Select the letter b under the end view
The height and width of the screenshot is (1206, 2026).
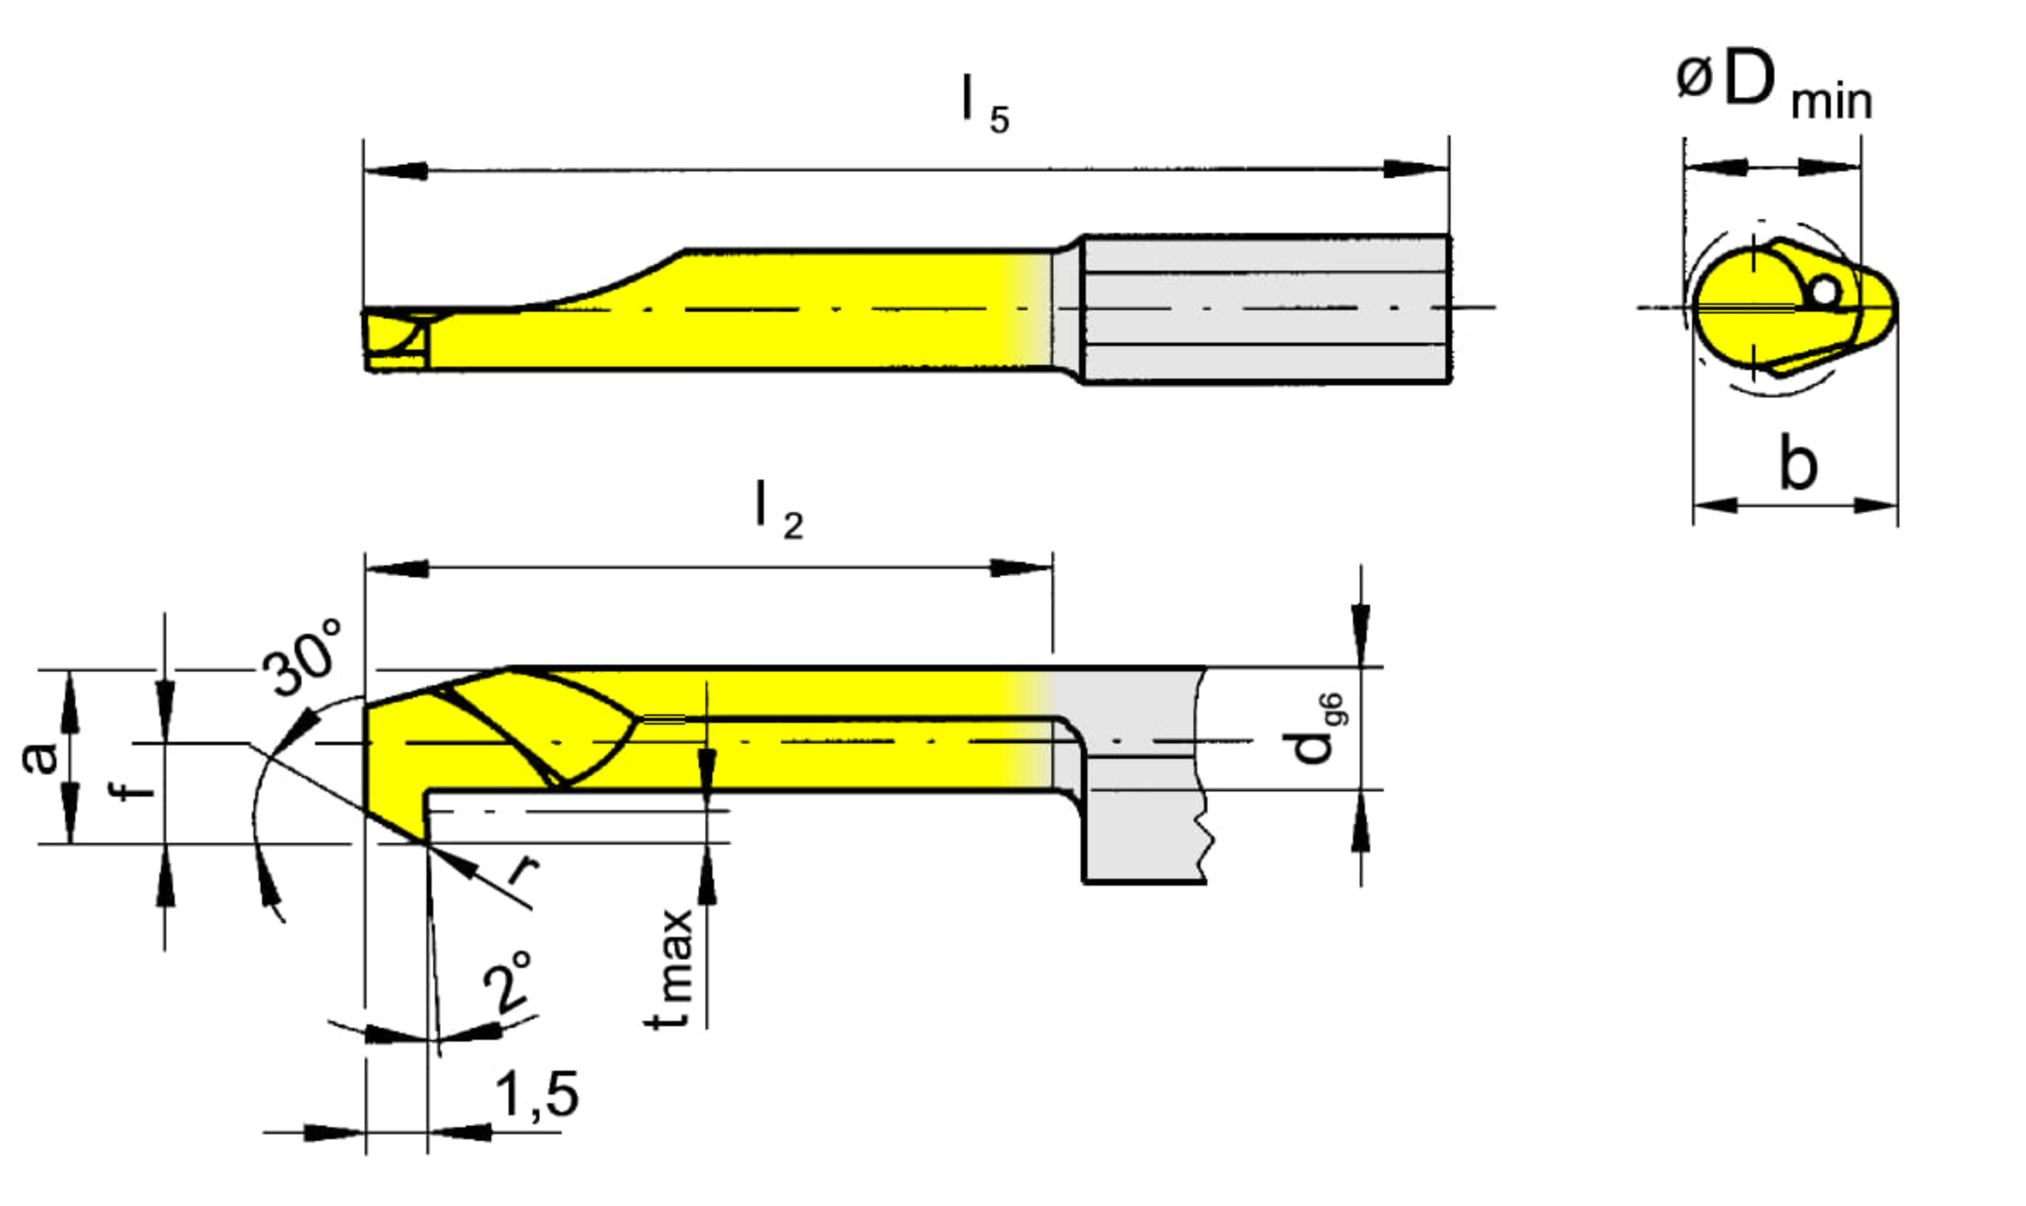click(x=1797, y=463)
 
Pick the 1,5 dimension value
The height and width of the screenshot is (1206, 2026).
click(x=537, y=1094)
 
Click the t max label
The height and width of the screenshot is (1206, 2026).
click(x=670, y=968)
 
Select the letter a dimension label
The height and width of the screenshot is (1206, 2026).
click(x=40, y=757)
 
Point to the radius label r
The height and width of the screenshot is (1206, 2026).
click(x=522, y=869)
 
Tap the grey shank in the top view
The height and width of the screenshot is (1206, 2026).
click(x=1266, y=308)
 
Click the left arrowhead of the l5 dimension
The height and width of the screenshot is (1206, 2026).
click(x=395, y=170)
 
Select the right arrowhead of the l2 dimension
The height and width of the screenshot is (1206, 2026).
click(x=1022, y=567)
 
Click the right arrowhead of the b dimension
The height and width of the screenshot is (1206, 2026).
click(x=1875, y=504)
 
